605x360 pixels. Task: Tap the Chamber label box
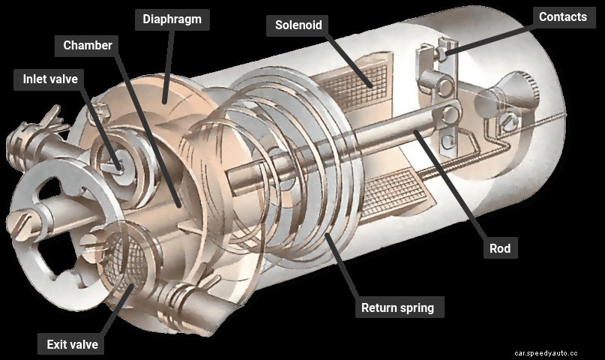point(88,46)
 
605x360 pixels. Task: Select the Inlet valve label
point(49,79)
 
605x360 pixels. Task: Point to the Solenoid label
point(298,25)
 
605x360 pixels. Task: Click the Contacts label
point(562,16)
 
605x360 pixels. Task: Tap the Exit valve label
point(72,345)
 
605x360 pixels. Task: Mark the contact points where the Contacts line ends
point(443,54)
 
